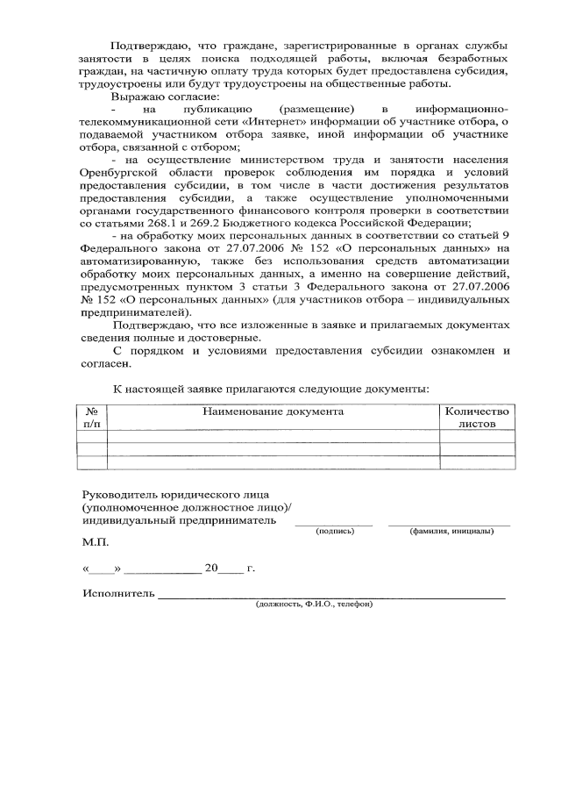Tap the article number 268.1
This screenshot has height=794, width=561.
point(157,225)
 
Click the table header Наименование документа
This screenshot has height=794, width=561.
point(273,410)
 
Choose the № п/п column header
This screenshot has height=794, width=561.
point(92,416)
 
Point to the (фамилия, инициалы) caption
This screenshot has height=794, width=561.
point(450,530)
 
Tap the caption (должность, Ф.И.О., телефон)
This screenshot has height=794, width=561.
point(315,604)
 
